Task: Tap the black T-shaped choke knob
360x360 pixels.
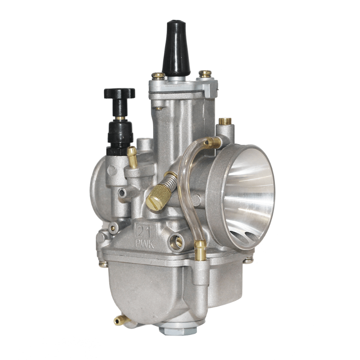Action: click(119, 94)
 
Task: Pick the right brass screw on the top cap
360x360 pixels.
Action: click(205, 73)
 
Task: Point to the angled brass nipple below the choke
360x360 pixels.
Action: click(132, 157)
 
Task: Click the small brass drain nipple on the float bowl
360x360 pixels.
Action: click(120, 320)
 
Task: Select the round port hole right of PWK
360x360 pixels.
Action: click(176, 242)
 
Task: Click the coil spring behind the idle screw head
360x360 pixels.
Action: click(170, 180)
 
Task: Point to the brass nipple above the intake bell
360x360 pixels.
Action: click(225, 121)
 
